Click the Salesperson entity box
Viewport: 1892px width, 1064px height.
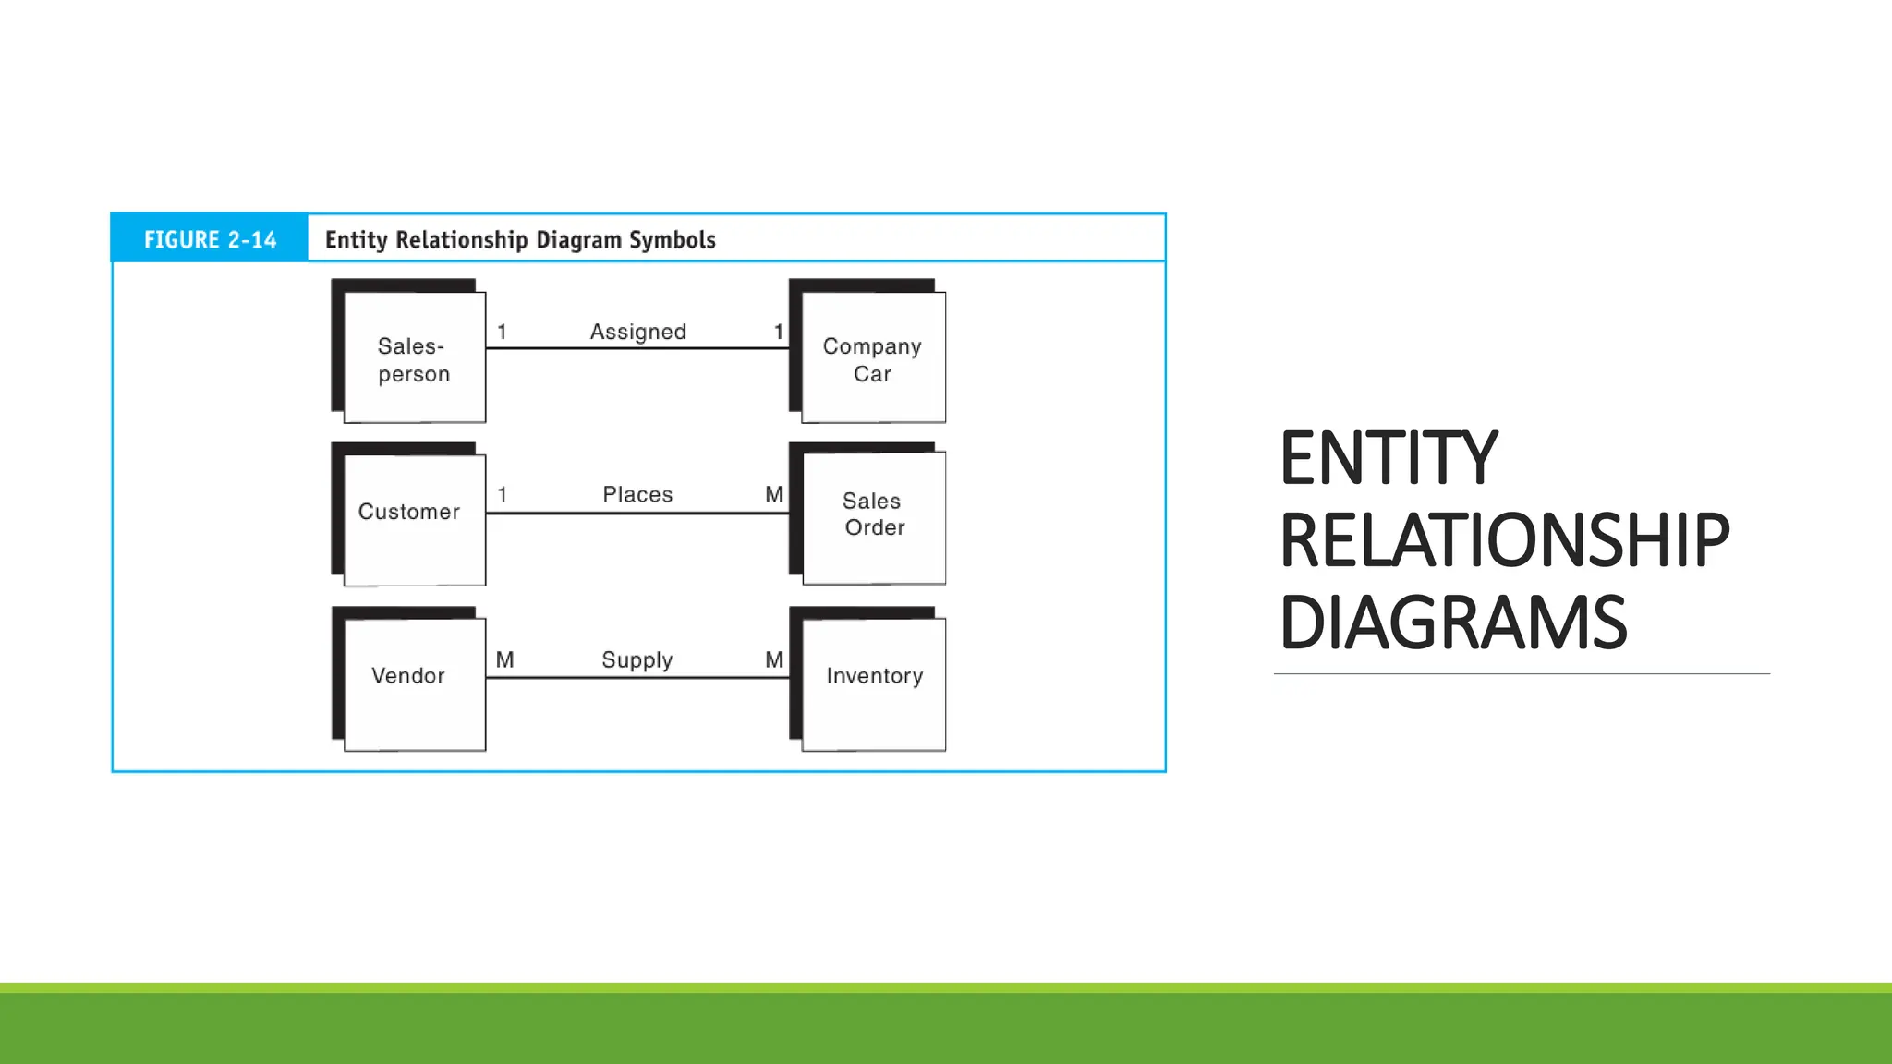(x=414, y=358)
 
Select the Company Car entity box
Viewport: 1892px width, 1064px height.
(x=873, y=358)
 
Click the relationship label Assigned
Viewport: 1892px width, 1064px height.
(x=637, y=332)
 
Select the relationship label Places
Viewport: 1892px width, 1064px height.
(x=637, y=494)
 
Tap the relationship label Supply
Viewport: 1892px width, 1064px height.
(x=637, y=659)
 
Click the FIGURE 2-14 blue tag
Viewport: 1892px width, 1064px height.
(x=210, y=239)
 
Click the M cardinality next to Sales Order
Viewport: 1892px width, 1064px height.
(x=774, y=494)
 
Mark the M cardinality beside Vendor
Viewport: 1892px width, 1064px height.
(x=504, y=659)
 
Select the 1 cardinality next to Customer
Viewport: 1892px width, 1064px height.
(x=502, y=494)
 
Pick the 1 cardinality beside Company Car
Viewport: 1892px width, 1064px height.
(x=779, y=332)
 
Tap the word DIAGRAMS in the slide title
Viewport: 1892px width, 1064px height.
(x=1452, y=623)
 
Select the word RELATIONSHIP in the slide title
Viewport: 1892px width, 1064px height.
(x=1504, y=540)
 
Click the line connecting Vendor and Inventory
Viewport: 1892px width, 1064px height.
(x=637, y=678)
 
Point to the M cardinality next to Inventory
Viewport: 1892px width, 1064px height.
(x=774, y=659)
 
